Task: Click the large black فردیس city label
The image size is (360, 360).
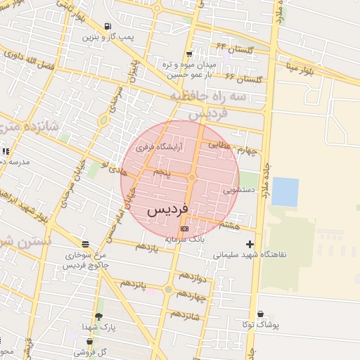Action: (167, 210)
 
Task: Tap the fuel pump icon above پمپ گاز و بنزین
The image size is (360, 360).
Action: (108, 27)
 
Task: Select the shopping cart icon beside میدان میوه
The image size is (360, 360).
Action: (189, 54)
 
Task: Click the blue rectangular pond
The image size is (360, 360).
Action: (285, 191)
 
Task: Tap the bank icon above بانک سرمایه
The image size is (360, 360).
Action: (184, 229)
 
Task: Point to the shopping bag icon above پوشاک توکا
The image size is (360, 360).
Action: (260, 314)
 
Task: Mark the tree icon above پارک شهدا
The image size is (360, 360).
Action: (98, 317)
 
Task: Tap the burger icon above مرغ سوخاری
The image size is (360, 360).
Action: (86, 245)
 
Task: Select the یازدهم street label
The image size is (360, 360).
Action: (146, 246)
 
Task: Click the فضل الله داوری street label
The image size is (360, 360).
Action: (27, 57)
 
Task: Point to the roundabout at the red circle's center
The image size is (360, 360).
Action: (191, 177)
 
